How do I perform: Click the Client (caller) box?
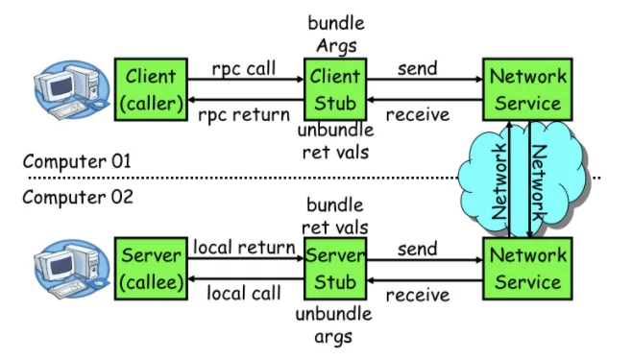pos(151,89)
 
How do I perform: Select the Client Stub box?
pos(335,89)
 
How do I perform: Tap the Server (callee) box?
pos(151,269)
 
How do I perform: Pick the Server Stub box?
pos(335,269)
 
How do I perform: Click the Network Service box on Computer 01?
pos(527,89)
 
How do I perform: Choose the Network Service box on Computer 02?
pos(527,269)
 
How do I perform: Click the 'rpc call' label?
pos(244,69)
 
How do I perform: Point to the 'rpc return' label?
pos(244,115)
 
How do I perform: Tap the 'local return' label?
pos(244,247)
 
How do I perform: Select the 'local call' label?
pos(244,293)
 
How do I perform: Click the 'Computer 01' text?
pos(77,161)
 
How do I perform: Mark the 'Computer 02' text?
pos(78,197)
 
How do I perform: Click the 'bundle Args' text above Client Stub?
pos(336,35)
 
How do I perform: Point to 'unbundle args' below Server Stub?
pos(333,325)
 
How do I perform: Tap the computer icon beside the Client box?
pos(72,90)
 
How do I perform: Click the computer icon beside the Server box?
pos(72,269)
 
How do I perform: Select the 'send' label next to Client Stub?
pos(418,68)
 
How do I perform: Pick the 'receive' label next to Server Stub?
pos(418,295)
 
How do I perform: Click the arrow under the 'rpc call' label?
pos(246,80)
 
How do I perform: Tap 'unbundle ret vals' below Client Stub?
pos(336,141)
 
